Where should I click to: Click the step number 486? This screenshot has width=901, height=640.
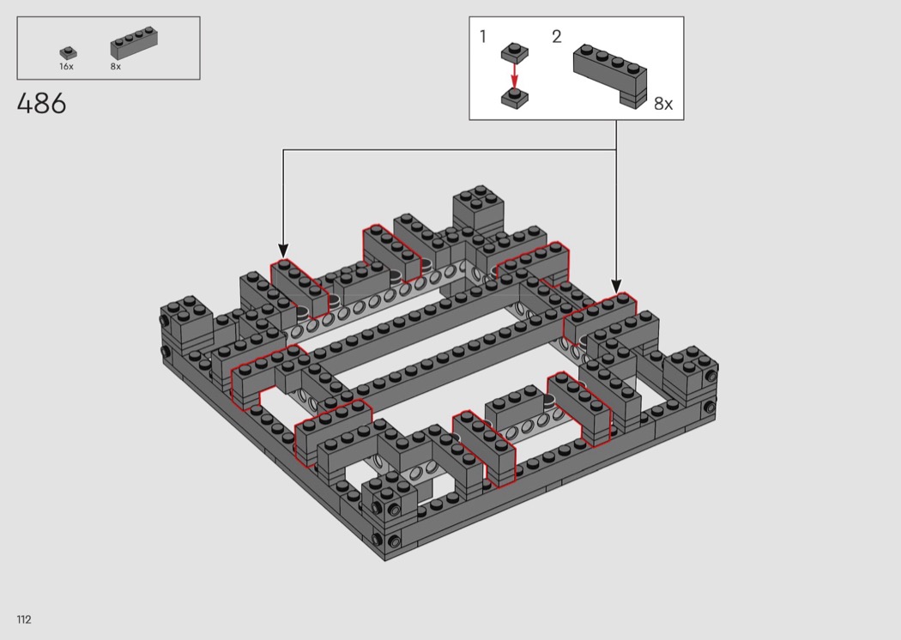pos(41,104)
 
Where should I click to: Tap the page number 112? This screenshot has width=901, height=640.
pos(23,619)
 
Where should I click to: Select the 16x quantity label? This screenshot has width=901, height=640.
pos(66,67)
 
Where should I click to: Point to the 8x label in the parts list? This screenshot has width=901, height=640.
pos(116,67)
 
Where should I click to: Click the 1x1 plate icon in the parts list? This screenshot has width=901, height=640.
pos(69,53)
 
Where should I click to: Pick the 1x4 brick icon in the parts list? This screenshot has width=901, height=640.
pos(134,43)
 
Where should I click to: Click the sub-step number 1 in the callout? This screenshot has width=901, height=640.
pos(482,37)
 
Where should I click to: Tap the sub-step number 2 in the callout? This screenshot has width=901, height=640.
pos(556,37)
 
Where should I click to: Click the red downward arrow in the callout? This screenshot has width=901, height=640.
pos(514,75)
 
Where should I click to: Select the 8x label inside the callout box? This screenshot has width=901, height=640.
pos(663,104)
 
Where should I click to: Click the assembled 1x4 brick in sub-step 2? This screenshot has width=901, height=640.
pos(610,75)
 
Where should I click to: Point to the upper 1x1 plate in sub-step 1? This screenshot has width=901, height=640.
pos(514,51)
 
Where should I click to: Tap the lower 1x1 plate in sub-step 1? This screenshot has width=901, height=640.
pos(514,98)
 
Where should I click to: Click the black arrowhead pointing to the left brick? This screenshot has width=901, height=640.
pos(282,251)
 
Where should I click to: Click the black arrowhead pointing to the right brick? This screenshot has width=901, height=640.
pos(616,286)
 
